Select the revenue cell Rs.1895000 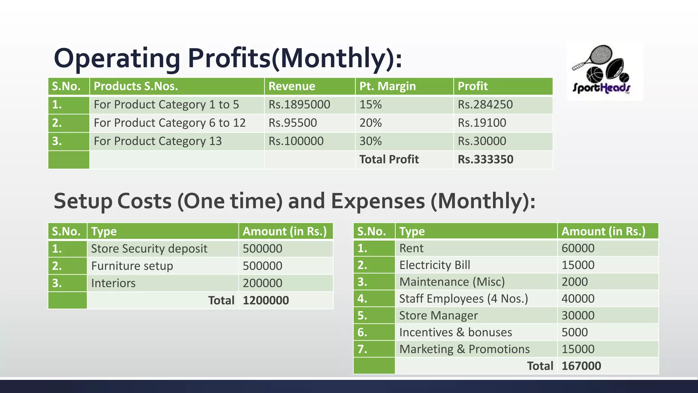[299, 104]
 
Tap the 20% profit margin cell [370, 123]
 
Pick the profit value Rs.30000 [482, 141]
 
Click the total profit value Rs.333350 [485, 159]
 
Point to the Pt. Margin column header [388, 86]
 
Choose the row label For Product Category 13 [157, 141]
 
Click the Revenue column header [292, 86]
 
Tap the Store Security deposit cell [149, 249]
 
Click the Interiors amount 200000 [262, 283]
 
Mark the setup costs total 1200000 [265, 301]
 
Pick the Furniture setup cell [132, 266]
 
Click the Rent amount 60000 [578, 248]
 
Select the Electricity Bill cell [435, 265]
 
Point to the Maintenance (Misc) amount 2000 [574, 282]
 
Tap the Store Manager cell [438, 316]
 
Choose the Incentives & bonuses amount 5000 [574, 332]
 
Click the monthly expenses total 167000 [581, 366]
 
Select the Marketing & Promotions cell [464, 349]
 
